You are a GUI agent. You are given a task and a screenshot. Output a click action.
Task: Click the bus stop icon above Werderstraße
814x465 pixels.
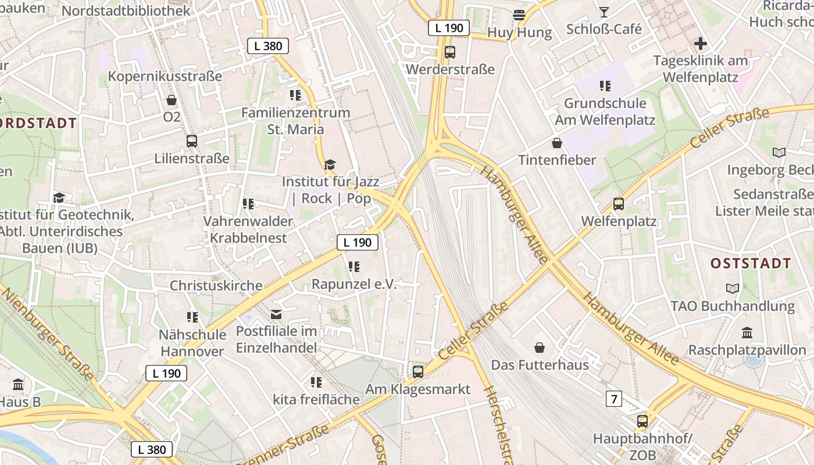449,52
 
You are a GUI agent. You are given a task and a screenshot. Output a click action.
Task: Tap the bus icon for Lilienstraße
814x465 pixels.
191,141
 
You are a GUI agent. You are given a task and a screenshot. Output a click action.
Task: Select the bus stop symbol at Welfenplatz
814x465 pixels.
619,204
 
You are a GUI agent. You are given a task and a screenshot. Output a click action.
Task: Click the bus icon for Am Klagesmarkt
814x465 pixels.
417,371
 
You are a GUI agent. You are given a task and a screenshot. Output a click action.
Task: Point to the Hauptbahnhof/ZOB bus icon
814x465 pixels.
642,421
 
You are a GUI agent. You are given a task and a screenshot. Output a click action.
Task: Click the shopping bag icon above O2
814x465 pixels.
172,100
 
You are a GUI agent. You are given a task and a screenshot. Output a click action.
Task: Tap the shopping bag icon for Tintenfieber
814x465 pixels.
557,143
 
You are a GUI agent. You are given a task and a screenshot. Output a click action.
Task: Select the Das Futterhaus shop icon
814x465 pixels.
540,348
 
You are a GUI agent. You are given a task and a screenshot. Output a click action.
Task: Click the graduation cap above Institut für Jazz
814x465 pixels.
330,165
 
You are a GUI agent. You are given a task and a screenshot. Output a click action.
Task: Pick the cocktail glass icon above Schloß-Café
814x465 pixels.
604,12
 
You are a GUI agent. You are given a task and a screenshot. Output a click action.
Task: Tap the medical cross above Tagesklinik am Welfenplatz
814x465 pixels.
701,44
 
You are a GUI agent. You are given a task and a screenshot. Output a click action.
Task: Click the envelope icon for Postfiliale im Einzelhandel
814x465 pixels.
276,314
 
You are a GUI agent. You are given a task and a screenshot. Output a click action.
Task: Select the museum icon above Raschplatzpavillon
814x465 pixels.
747,333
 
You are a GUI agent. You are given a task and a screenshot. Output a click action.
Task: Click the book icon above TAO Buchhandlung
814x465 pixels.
733,288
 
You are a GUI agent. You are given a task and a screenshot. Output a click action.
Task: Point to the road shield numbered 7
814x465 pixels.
613,399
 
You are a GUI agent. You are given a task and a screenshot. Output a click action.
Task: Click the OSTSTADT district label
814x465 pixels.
751,263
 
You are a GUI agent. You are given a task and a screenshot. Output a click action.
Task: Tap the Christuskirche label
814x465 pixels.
216,285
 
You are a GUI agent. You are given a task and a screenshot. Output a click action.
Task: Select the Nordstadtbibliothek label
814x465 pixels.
126,10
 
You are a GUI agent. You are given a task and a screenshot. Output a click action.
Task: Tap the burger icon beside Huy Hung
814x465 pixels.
519,15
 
